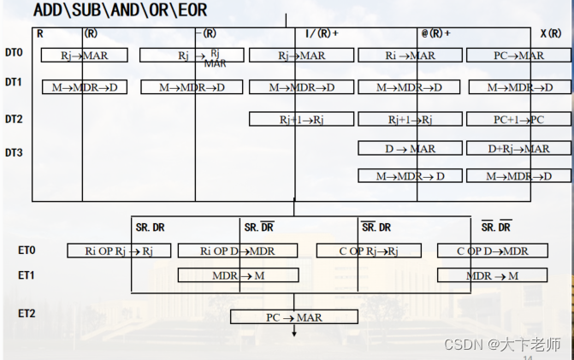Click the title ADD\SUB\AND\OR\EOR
pos(120,11)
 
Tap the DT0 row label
pos(14,53)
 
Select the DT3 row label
pos(14,153)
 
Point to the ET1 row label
pos(27,275)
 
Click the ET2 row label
pos(27,314)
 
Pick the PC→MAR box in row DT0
pos(518,56)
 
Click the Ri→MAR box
pos(410,56)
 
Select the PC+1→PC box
pos(518,119)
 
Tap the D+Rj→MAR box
pos(518,149)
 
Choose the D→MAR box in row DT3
pos(410,149)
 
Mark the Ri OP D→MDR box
pos(237,251)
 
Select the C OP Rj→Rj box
pos(370,251)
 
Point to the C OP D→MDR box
pos(491,251)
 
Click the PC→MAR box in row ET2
pos(293,317)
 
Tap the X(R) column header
pos(551,33)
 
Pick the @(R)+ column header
pos(435,33)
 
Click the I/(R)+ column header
pos(322,33)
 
